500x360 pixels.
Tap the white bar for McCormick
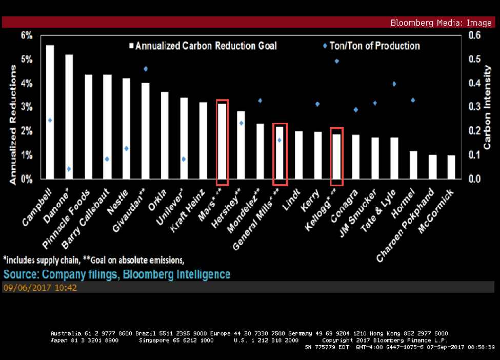point(451,167)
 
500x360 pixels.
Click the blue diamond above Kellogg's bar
point(337,61)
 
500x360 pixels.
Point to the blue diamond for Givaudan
point(146,69)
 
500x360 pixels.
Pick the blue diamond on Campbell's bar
point(50,121)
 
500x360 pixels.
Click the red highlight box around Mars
point(222,142)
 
